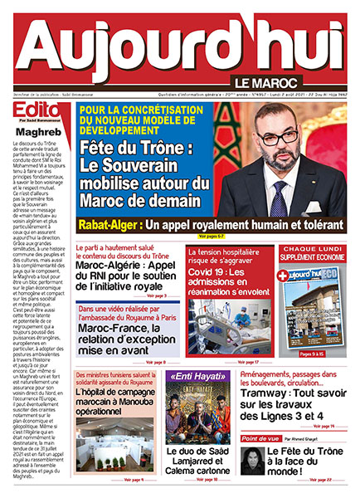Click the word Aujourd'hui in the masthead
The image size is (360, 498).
tap(179, 49)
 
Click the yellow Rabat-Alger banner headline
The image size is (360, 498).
tap(210, 226)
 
